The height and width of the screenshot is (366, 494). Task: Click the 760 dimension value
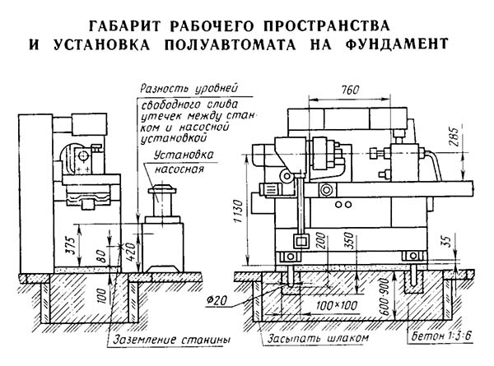point(351,90)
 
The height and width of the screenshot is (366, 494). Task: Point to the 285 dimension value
point(454,137)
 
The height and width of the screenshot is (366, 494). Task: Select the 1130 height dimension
point(240,211)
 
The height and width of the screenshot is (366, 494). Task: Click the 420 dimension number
point(131,248)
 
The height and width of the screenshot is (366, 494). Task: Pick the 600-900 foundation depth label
point(385,297)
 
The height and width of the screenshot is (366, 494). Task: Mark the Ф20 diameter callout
point(217,301)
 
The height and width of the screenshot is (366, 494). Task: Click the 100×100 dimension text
point(337,305)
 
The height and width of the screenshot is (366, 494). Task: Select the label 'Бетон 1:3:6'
point(442,336)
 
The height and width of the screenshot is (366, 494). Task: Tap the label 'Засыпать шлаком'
point(318,338)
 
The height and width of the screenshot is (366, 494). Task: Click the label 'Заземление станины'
point(172,340)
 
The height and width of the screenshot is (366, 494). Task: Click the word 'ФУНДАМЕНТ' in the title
point(397,44)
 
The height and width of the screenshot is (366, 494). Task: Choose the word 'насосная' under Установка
point(179,169)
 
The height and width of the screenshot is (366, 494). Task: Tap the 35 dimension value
point(448,241)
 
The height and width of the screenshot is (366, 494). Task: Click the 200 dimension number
point(320,241)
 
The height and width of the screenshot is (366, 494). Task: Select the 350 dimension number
point(349,241)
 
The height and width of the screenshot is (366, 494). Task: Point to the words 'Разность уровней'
point(189,89)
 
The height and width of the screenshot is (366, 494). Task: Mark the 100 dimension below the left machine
point(101,296)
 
